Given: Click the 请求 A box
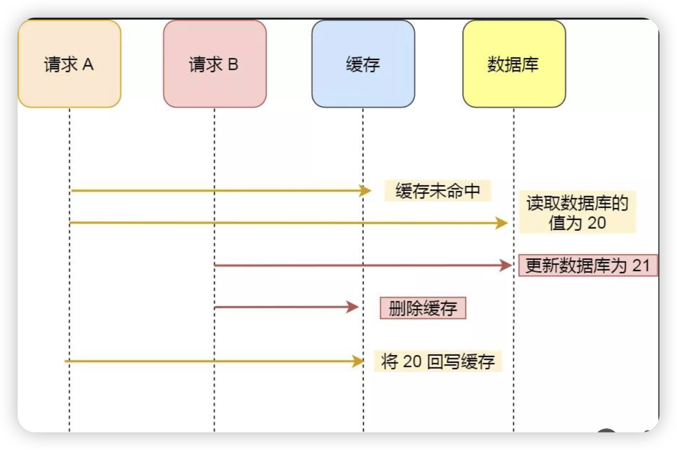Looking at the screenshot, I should [x=69, y=64].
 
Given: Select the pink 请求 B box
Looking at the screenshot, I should [x=215, y=64].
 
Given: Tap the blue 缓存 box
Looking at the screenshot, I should [x=363, y=64].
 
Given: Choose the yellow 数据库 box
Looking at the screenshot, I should [x=514, y=64].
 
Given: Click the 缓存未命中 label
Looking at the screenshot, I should [x=437, y=191].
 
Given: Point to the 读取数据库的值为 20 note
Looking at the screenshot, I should [x=577, y=212].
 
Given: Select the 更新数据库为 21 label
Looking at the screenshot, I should [x=587, y=266].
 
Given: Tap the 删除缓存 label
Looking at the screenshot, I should [x=423, y=308].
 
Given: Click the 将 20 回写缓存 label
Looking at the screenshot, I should [x=437, y=361].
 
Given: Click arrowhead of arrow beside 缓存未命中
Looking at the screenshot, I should [x=365, y=191].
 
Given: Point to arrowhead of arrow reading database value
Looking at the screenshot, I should [x=502, y=223].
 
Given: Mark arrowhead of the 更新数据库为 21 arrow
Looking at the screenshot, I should [x=506, y=265].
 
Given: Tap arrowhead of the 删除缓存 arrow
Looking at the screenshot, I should [x=353, y=307].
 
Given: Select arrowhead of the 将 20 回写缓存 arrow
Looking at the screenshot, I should [x=359, y=361].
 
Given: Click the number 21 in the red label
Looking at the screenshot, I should [x=641, y=266].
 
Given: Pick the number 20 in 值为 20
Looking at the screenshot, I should [x=596, y=223].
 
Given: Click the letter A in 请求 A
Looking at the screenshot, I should [x=88, y=64].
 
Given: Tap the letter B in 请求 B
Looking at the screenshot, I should [x=233, y=64].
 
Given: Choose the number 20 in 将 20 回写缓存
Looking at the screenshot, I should [x=411, y=361].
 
